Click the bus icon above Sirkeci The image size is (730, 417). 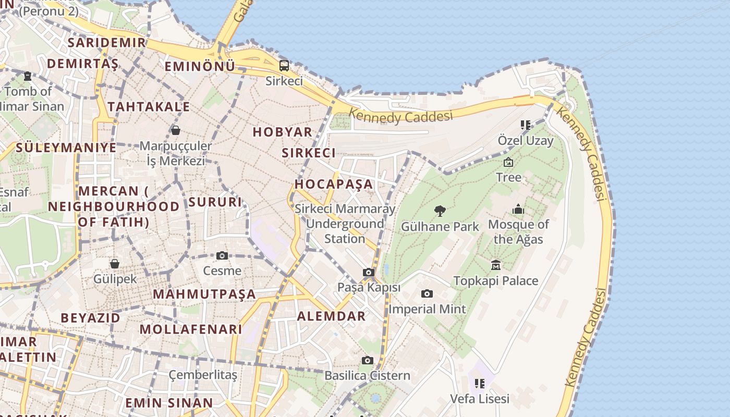coord(284,66)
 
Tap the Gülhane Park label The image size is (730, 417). coord(440,227)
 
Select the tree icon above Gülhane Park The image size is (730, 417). coord(440,211)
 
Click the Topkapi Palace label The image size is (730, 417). coord(495,281)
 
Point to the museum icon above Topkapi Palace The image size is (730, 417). coord(495,265)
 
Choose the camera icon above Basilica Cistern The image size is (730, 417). coord(368,360)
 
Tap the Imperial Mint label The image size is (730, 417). coord(427,309)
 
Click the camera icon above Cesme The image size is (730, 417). coord(222,255)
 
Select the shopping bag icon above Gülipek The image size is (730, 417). coord(115,264)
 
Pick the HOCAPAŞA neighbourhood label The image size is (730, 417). coord(334,184)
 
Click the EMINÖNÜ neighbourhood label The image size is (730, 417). coord(200,67)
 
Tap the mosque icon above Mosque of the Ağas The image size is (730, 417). coord(518,210)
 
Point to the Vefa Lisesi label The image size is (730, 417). coord(480,399)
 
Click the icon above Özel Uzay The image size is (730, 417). coord(525,125)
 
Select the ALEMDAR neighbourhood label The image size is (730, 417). coord(331,316)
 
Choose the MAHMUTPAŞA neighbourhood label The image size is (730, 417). coord(204,294)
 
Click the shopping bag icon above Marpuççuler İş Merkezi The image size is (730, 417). coord(176,130)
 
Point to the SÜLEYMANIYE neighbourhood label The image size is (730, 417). coord(66,148)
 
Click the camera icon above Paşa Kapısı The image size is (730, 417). coord(369,273)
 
